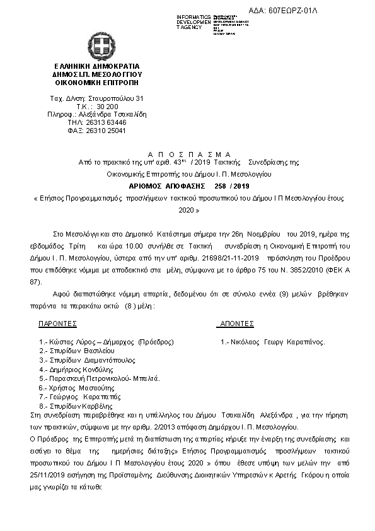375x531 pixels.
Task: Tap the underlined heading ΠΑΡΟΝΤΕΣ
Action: [58, 324]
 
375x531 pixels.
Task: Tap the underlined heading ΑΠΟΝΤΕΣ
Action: [235, 324]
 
